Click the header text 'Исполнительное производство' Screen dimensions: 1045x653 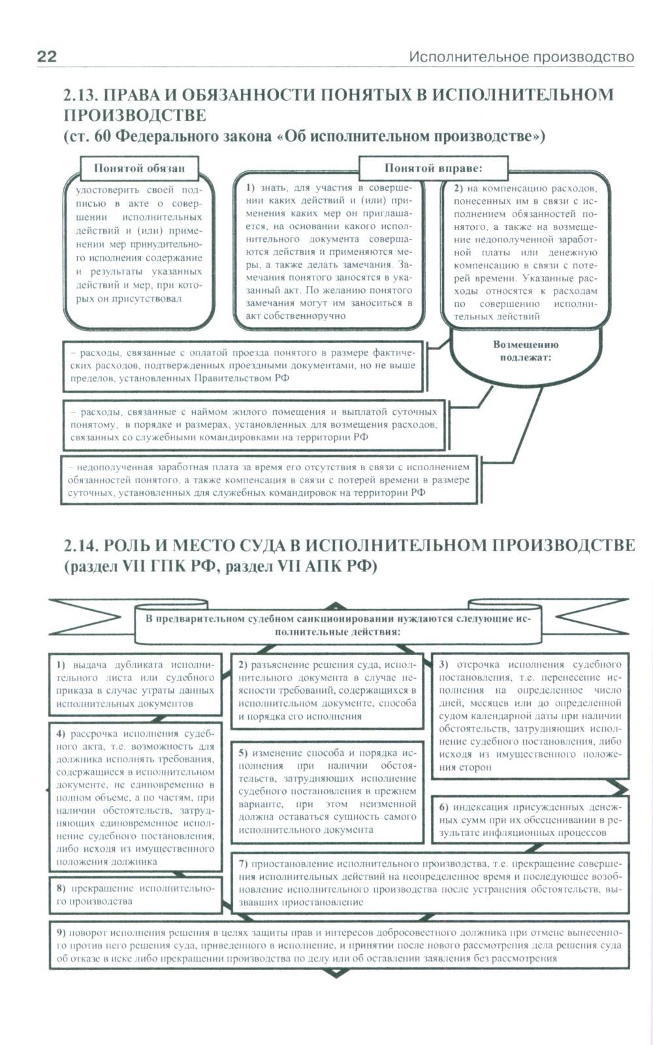tap(521, 57)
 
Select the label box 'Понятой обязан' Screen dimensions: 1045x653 tap(139, 169)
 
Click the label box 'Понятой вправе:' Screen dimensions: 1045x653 tap(433, 168)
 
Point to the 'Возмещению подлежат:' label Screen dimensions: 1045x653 tap(526, 351)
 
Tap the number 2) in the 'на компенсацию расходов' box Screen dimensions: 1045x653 tap(458, 188)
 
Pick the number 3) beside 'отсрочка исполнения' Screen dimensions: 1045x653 tap(443, 665)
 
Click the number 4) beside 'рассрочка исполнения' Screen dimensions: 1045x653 tap(61, 733)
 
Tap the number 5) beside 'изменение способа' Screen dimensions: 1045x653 tap(243, 753)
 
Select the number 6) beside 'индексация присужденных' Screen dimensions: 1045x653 tap(443, 807)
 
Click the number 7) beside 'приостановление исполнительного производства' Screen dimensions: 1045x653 tap(243, 863)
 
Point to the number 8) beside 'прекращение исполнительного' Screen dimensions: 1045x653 tap(61, 888)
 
